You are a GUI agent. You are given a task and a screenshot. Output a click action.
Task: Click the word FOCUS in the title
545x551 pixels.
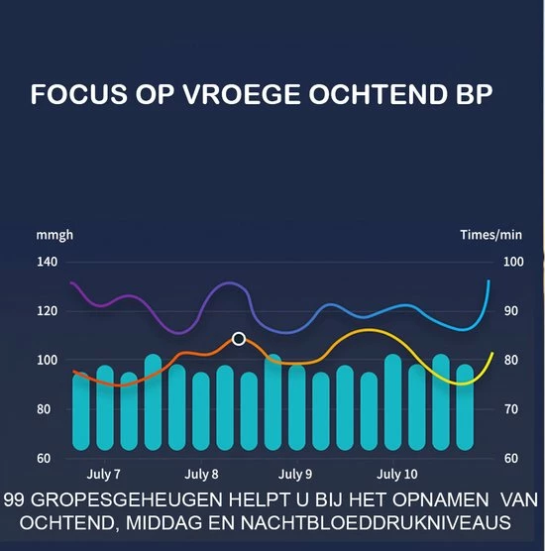[x=72, y=96]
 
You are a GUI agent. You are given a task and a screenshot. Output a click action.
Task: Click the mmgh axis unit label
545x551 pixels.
[x=54, y=235]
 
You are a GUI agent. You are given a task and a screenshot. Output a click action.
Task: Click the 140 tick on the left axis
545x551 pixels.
[x=48, y=262]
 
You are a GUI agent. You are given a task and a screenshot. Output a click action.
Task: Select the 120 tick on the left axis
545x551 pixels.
[x=48, y=311]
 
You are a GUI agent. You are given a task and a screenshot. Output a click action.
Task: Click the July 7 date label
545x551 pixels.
[x=104, y=475]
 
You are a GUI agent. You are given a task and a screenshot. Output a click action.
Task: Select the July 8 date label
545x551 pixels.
[x=201, y=475]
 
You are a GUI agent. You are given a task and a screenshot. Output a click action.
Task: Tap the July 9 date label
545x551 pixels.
[x=295, y=475]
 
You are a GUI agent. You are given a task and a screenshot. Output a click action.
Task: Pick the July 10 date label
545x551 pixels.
[x=396, y=475]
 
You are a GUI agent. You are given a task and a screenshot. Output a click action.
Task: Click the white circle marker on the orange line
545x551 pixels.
[x=239, y=339]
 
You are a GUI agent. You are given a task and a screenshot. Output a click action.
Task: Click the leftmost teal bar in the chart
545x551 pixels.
[x=81, y=411]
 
